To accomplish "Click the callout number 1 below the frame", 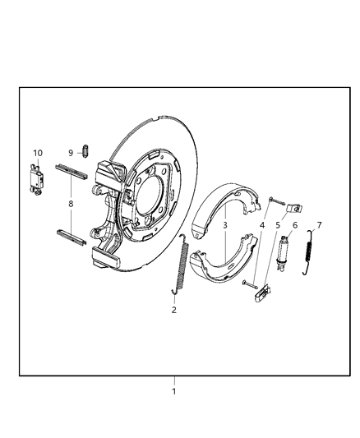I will (x=173, y=391).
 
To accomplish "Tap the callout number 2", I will (x=173, y=310).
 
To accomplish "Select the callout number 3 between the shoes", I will (x=224, y=224).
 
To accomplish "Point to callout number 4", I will (x=262, y=225).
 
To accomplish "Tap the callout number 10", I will (x=38, y=154).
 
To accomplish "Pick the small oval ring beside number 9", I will (x=85, y=151).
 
